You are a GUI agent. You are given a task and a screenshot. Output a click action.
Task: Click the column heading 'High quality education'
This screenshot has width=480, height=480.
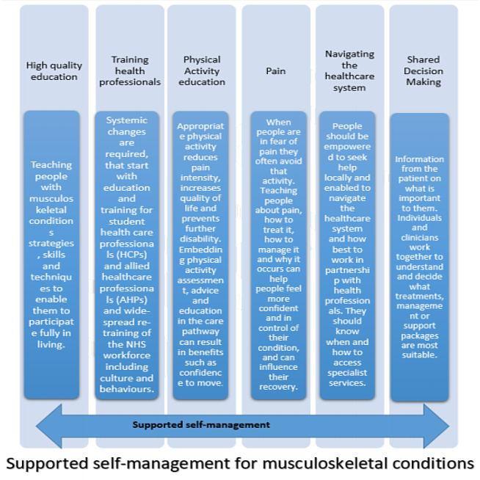click(x=54, y=70)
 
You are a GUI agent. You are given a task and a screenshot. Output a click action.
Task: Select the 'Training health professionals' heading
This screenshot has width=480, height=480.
click(x=130, y=70)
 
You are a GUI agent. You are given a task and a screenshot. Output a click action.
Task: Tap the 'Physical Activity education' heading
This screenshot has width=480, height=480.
click(x=202, y=70)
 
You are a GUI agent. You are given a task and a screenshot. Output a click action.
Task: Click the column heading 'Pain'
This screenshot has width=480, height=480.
click(x=275, y=71)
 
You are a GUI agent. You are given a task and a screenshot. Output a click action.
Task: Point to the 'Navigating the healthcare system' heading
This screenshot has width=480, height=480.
click(x=349, y=70)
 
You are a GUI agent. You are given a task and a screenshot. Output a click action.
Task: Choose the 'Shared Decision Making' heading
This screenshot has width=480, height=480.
click(x=423, y=70)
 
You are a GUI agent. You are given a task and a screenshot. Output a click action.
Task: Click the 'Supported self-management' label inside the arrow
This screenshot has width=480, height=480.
click(x=201, y=425)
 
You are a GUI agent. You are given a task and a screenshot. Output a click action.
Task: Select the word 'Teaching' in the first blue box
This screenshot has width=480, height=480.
click(x=51, y=164)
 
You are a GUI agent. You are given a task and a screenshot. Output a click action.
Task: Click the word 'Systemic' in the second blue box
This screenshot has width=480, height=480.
click(x=127, y=120)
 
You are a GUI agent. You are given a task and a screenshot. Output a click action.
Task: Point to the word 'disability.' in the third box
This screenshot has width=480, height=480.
click(x=200, y=239)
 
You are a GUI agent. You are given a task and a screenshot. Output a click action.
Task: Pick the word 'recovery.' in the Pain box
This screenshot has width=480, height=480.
click(x=278, y=387)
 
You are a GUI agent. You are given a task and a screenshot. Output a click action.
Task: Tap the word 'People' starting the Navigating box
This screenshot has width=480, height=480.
click(x=347, y=126)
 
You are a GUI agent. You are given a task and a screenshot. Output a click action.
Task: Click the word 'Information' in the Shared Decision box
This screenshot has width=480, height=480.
click(x=419, y=159)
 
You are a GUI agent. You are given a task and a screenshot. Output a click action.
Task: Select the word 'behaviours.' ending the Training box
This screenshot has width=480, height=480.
click(x=127, y=389)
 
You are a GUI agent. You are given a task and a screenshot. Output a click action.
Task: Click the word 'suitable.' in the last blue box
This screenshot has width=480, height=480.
click(x=419, y=354)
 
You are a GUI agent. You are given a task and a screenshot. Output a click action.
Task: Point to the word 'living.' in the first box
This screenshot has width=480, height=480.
click(x=51, y=345)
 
